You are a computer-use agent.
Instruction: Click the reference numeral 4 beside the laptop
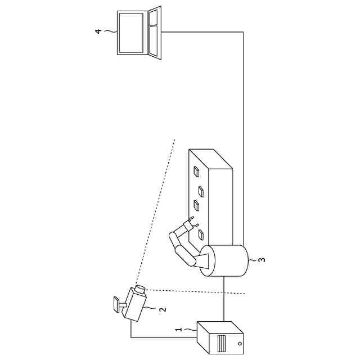pyautogui.click(x=98, y=31)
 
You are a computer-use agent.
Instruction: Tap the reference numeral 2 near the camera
pyautogui.click(x=162, y=309)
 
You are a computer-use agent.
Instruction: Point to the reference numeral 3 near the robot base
pyautogui.click(x=261, y=260)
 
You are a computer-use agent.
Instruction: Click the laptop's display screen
pyautogui.click(x=130, y=32)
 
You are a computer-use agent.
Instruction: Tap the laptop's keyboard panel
pyautogui.click(x=154, y=32)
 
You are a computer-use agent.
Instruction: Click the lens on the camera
pyautogui.click(x=140, y=289)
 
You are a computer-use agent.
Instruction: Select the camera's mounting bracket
pyautogui.click(x=117, y=303)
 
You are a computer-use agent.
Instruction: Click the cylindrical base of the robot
pyautogui.click(x=225, y=260)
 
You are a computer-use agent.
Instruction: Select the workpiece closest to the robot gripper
pyautogui.click(x=201, y=232)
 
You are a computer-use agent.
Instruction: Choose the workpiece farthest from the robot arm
pyautogui.click(x=197, y=170)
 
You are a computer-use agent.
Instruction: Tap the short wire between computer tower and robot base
pyautogui.click(x=224, y=298)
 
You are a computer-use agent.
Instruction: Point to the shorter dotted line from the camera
pyautogui.click(x=197, y=292)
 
